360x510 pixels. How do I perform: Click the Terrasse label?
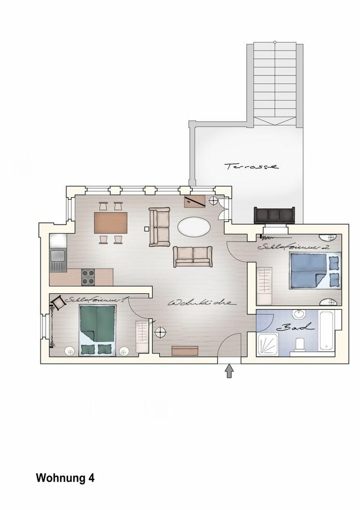tap(251, 166)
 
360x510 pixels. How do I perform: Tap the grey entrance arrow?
tap(229, 370)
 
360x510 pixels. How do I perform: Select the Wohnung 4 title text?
tap(65, 478)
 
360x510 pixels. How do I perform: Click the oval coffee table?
tap(194, 227)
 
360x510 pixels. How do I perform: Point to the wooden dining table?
tap(110, 223)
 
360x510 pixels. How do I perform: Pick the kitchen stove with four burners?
tap(88, 277)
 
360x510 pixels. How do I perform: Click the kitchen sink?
tap(57, 258)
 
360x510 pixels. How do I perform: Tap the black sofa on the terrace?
tap(274, 216)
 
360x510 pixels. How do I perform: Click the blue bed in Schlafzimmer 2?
tap(314, 270)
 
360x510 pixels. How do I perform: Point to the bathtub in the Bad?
tap(330, 330)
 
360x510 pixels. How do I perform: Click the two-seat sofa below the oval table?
tap(193, 257)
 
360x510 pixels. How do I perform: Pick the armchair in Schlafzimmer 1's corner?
tap(58, 304)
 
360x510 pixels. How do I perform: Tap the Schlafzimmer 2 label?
tap(293, 247)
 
